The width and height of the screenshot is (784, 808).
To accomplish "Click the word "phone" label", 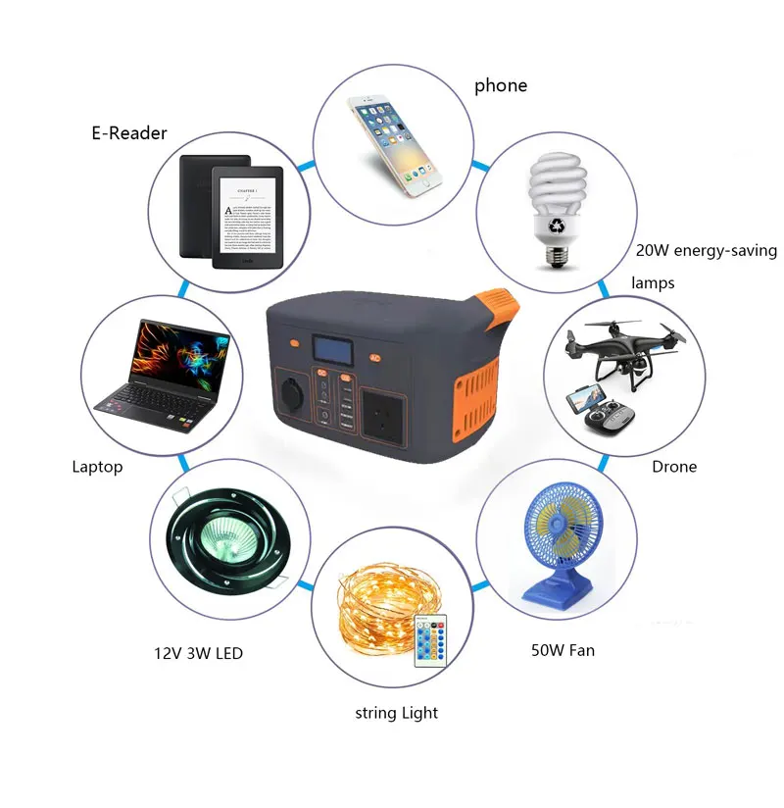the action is (500, 86).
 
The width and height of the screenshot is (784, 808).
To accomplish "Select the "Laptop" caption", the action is (97, 467).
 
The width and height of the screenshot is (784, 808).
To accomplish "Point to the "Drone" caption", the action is (674, 467).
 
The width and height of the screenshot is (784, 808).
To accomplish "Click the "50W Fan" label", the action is (563, 650).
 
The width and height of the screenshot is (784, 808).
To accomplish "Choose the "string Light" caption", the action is (396, 713).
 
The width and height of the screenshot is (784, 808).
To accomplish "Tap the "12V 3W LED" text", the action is (198, 653).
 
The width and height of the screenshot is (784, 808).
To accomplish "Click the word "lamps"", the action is (653, 283).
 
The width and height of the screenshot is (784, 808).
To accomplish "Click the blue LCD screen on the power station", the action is (333, 350).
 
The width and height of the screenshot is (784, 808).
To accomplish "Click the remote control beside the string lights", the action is (429, 643).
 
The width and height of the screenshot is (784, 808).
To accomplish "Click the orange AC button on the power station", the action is (374, 358).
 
